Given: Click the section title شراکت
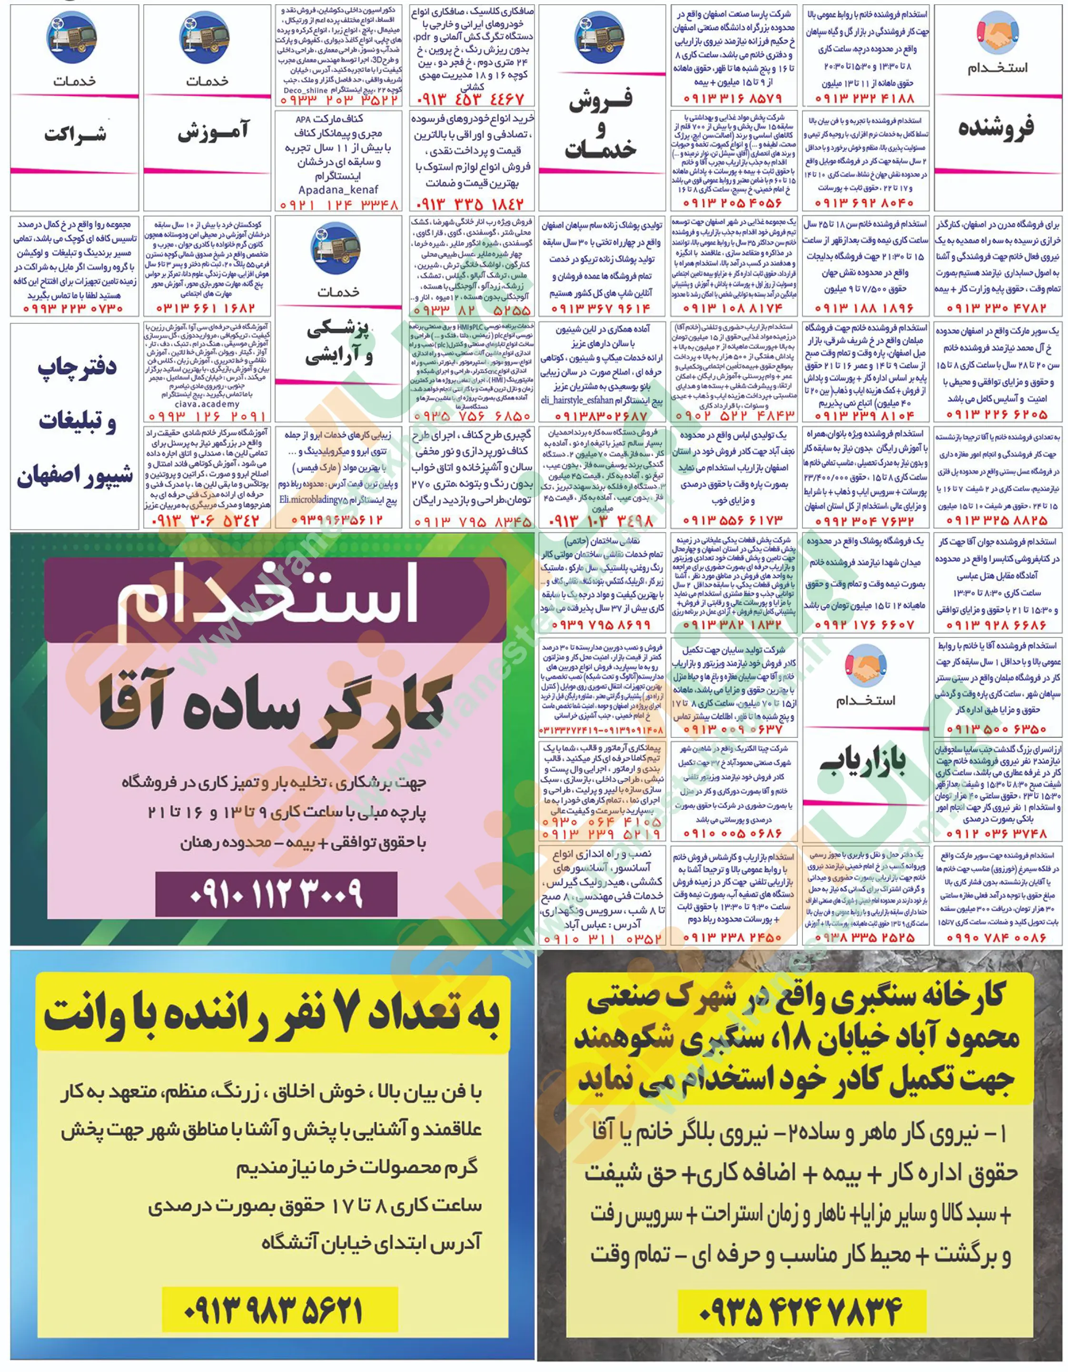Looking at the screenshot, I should point(75,133).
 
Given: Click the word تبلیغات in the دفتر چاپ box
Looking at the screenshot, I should point(77,423).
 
